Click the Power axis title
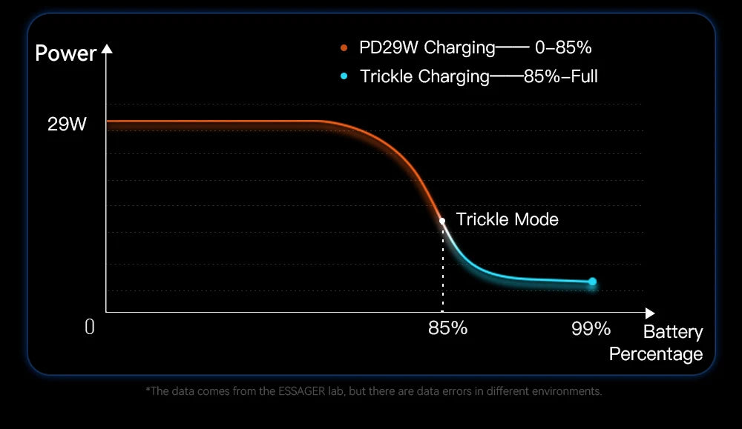pyautogui.click(x=65, y=54)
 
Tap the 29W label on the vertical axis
pyautogui.click(x=67, y=124)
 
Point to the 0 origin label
pyautogui.click(x=90, y=327)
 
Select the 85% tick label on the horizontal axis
pyautogui.click(x=447, y=328)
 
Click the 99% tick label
pyautogui.click(x=591, y=328)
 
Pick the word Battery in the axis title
pyautogui.click(x=672, y=332)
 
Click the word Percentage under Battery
pyautogui.click(x=655, y=354)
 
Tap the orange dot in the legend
pyautogui.click(x=344, y=49)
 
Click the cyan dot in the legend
pyautogui.click(x=344, y=76)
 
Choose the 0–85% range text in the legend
pyautogui.click(x=562, y=48)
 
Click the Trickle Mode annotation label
pyautogui.click(x=507, y=219)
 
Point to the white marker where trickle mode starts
pyautogui.click(x=442, y=221)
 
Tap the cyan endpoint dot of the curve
pyautogui.click(x=592, y=282)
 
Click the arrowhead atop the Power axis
pyautogui.click(x=106, y=50)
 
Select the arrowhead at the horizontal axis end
pyautogui.click(x=651, y=313)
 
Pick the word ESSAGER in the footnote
pyautogui.click(x=301, y=390)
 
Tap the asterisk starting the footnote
pyautogui.click(x=148, y=390)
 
